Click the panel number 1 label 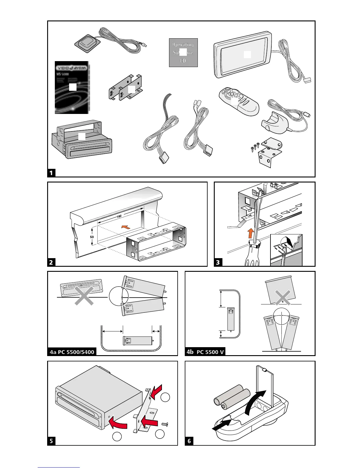(51, 173)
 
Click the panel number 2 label (51, 262)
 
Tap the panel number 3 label (218, 262)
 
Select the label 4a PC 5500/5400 (72, 352)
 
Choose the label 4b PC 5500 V (205, 352)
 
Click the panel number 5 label (51, 441)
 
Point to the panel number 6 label (189, 441)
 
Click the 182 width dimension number (119, 217)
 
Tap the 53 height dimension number (92, 237)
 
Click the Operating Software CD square (183, 53)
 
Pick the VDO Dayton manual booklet (72, 87)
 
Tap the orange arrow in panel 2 (126, 227)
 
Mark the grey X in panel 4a (84, 296)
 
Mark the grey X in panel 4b (283, 298)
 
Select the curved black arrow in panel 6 (256, 401)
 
